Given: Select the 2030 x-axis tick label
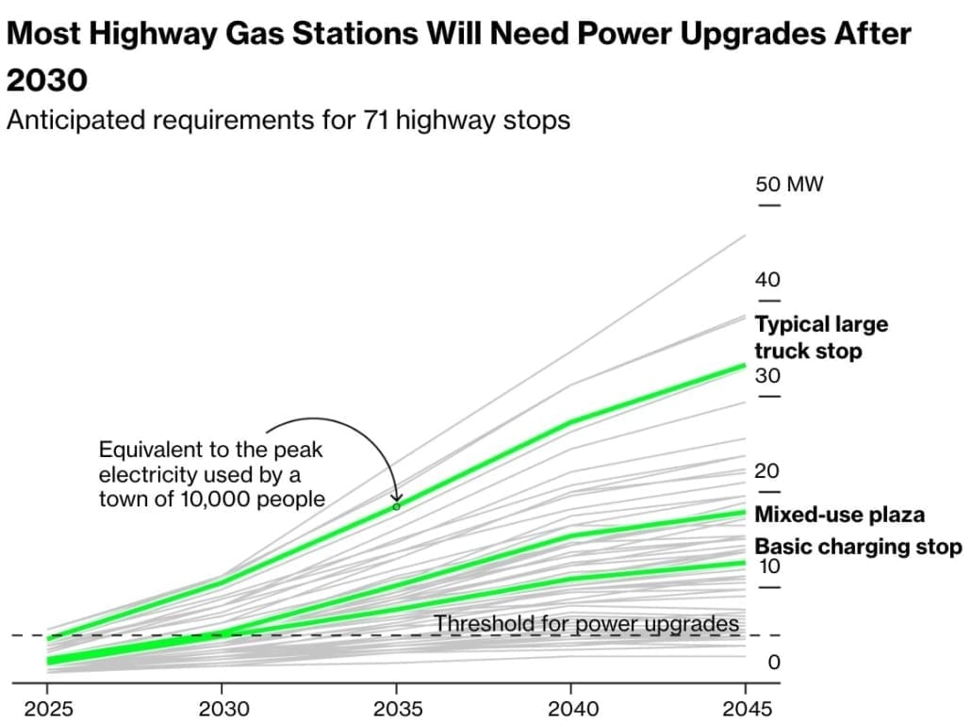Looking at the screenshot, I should tap(222, 707).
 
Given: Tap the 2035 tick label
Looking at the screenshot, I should tap(396, 707).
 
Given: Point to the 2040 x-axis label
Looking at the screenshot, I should tap(570, 707).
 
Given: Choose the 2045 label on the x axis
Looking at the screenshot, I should tap(745, 707).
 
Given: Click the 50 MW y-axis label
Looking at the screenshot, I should tap(789, 184).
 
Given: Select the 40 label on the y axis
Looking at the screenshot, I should tap(768, 280).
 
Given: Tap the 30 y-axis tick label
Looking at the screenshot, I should tap(768, 376).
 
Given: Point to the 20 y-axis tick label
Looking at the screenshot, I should tap(768, 471).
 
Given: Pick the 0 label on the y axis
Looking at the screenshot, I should tap(774, 663).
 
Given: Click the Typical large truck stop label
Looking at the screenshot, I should tap(820, 337).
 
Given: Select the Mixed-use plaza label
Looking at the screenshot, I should tap(839, 515).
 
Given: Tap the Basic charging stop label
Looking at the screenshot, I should tap(857, 547).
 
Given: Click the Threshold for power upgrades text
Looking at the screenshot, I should tap(585, 623).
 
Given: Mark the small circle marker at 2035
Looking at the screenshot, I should tap(396, 506).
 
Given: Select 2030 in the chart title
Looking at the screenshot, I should tap(47, 79).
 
